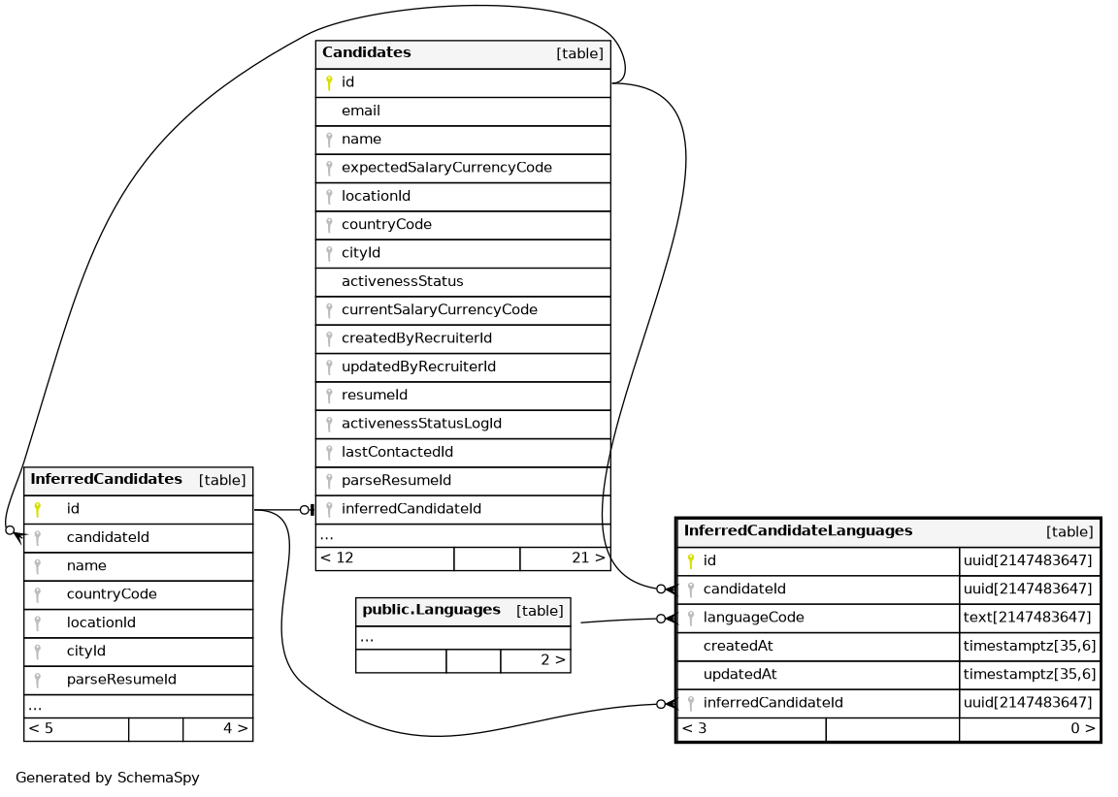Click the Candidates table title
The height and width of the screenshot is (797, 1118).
367,53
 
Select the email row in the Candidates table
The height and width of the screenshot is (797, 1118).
361,112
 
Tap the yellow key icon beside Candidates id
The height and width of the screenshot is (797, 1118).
329,83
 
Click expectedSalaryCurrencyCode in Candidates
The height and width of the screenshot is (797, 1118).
446,168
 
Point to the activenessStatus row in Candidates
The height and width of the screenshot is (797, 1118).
402,281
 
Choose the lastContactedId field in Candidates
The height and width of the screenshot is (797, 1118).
397,452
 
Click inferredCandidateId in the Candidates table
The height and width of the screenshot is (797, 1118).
411,509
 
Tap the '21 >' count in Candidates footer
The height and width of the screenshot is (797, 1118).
588,558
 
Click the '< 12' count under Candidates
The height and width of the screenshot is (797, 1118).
337,558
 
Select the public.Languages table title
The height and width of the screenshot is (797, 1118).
431,611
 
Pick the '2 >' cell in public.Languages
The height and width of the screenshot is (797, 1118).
552,661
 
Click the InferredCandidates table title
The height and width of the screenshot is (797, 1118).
106,480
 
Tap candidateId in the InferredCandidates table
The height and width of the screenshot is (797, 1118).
107,537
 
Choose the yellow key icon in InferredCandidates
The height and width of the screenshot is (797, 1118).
38,509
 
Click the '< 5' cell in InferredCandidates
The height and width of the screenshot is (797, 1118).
41,727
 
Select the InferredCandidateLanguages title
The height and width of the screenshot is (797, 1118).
798,531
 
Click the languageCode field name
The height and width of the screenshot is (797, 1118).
753,618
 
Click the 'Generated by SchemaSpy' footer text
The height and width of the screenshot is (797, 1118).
108,778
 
